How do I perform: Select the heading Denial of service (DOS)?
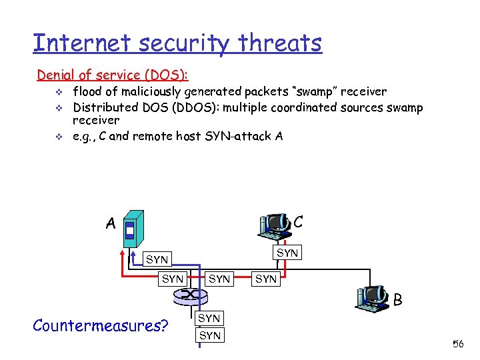tap(109, 75)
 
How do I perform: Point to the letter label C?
tap(299, 222)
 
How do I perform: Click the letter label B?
tap(397, 301)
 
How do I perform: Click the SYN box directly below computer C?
tap(287, 253)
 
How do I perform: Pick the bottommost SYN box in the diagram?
tap(210, 335)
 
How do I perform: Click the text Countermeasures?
tap(100, 325)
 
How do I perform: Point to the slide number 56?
tap(458, 344)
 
